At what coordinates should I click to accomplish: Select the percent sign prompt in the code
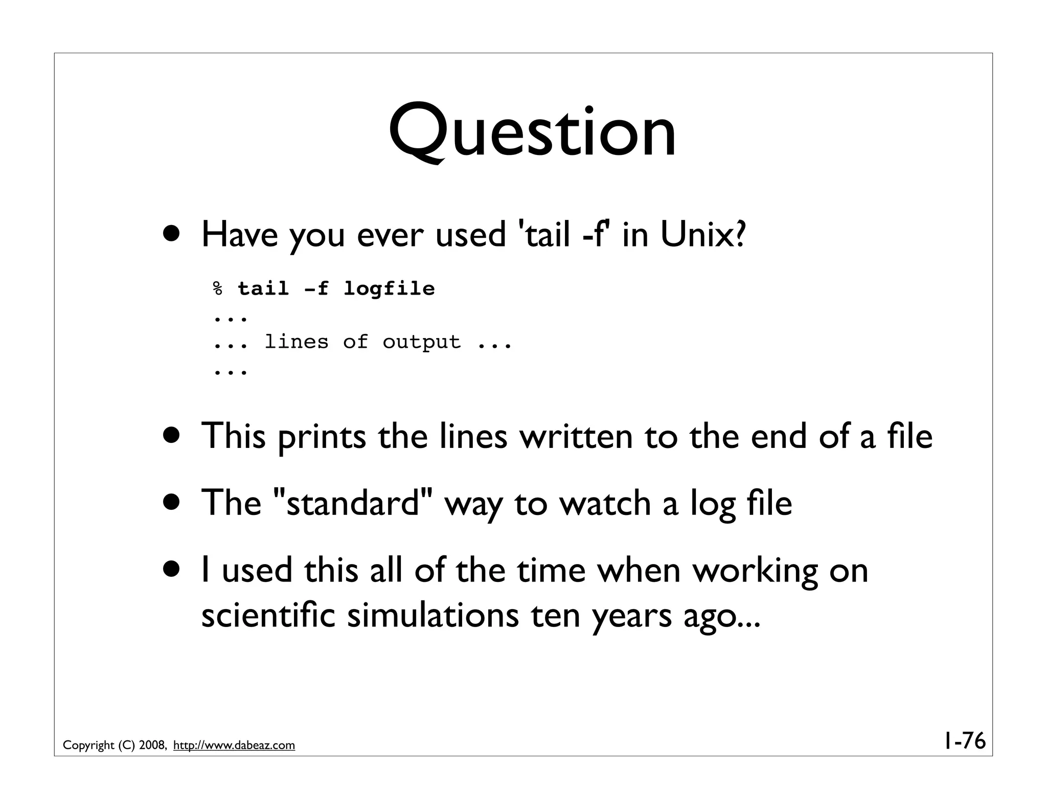point(218,289)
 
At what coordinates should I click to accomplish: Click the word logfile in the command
point(389,289)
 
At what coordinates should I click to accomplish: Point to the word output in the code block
point(421,342)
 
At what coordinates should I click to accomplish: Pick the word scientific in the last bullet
point(268,615)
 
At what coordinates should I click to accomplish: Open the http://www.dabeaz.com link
point(234,746)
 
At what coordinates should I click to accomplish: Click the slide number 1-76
point(964,741)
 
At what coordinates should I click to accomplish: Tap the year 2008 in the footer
point(151,746)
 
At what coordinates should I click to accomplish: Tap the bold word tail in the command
point(263,289)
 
